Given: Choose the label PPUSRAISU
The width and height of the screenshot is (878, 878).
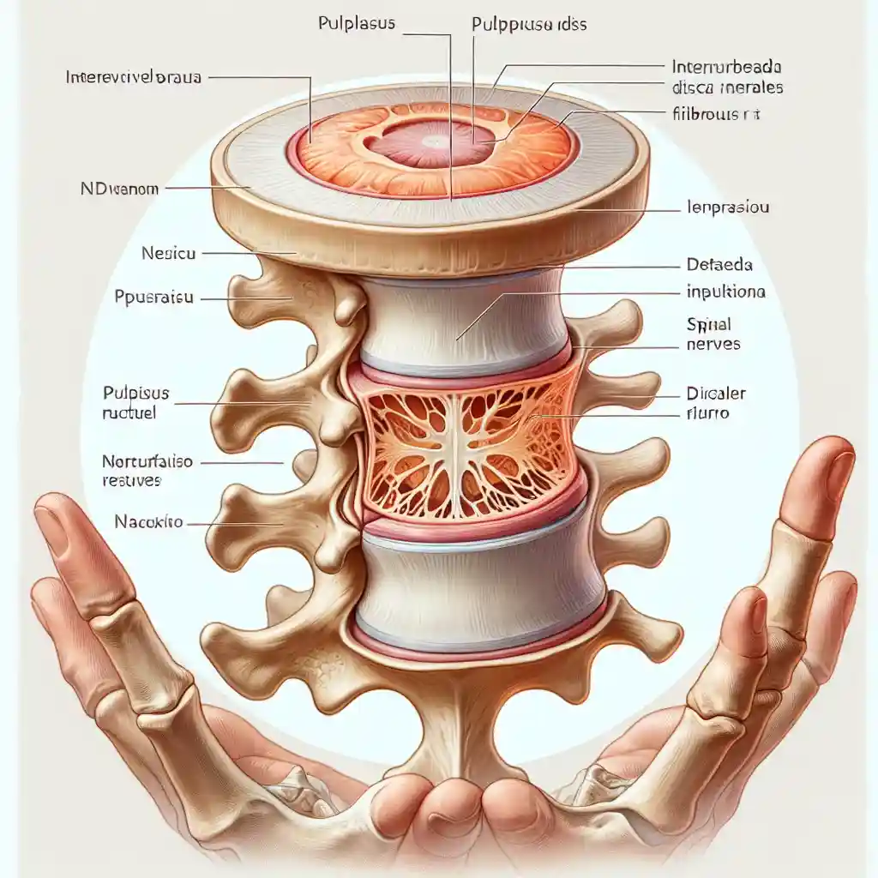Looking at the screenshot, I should click(x=153, y=298).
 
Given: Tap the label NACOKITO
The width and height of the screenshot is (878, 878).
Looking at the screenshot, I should click(x=147, y=521).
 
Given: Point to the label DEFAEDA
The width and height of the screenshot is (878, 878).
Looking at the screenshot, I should click(x=719, y=265).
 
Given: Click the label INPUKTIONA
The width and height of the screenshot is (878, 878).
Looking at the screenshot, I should click(x=726, y=292).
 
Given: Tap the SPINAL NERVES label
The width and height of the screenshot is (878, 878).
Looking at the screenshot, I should click(x=713, y=335).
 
